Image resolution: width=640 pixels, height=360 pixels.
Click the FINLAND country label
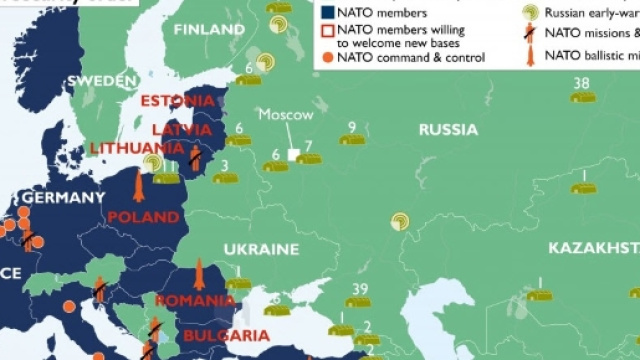tap(209, 29)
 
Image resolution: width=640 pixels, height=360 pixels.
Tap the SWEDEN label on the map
tap(102, 80)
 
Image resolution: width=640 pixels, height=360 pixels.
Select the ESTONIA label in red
tap(177, 101)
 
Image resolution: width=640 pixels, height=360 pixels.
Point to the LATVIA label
tap(181, 130)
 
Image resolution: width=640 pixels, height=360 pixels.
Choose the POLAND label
tap(143, 217)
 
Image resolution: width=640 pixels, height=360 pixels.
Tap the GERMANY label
tap(62, 198)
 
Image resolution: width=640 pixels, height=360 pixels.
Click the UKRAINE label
tap(260, 248)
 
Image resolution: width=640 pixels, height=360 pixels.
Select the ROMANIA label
tap(195, 300)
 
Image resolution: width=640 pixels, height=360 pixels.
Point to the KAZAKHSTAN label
tap(593, 247)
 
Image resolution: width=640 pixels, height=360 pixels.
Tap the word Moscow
tap(286, 115)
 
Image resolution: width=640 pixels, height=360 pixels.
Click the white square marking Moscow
tap(294, 155)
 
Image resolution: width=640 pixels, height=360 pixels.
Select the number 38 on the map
tap(582, 83)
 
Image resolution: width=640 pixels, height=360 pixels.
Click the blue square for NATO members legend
tap(327, 13)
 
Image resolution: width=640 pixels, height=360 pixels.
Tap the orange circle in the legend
tap(327, 58)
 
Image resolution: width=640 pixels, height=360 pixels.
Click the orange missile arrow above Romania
tap(199, 273)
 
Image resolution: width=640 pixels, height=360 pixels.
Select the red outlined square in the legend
tap(327, 33)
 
